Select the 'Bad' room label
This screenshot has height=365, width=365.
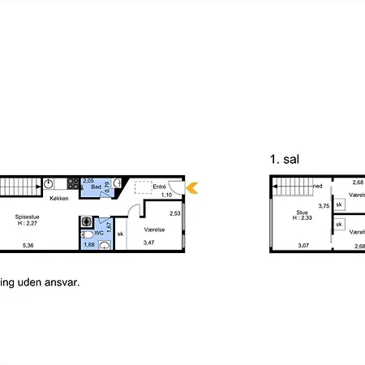(95, 187)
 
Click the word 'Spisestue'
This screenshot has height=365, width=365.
(28, 217)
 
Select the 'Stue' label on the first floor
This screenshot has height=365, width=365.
(290, 212)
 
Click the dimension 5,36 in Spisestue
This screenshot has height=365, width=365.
(28, 245)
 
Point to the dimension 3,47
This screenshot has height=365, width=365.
(149, 242)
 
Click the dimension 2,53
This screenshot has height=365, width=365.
(174, 213)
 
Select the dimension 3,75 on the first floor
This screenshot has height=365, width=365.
(324, 206)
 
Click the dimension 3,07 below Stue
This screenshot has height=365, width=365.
(303, 245)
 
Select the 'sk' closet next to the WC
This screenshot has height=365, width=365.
(120, 234)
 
